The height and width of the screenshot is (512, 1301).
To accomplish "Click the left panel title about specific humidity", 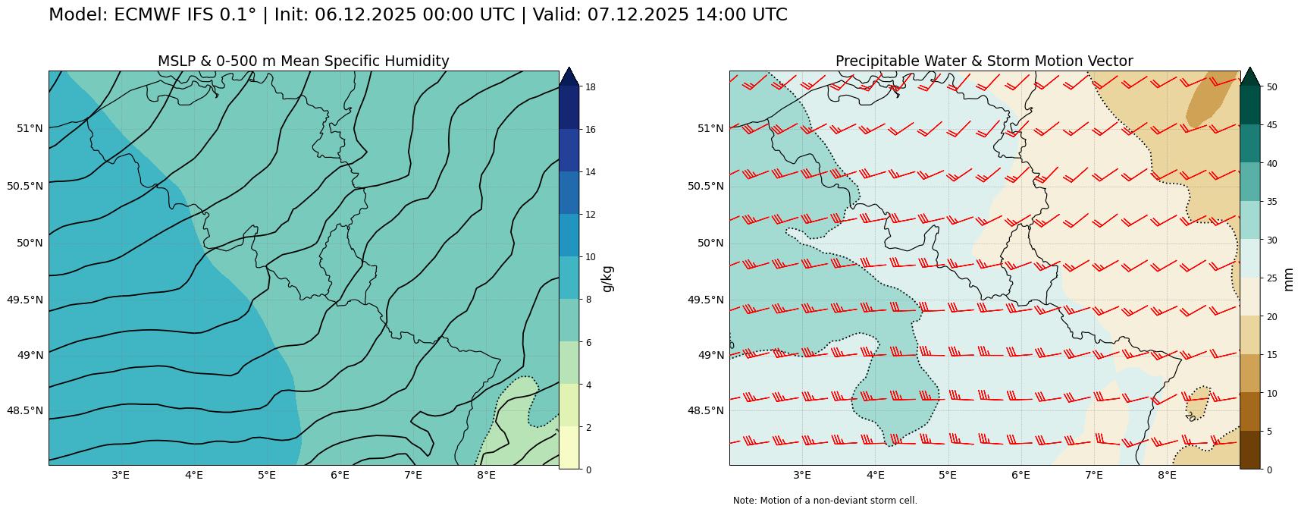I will (x=303, y=61).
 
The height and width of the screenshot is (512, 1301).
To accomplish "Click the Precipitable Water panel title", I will (x=984, y=61).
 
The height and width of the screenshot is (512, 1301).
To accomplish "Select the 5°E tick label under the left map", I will (x=266, y=476).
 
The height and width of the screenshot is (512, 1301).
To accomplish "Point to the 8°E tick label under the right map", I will (x=1166, y=476).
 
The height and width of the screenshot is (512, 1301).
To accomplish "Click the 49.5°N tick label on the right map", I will (x=706, y=300).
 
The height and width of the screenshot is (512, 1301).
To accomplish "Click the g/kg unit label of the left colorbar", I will (x=607, y=278).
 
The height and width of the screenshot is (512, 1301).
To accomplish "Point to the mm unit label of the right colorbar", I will (x=1287, y=278).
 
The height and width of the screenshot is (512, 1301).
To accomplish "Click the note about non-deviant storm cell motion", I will (x=825, y=501).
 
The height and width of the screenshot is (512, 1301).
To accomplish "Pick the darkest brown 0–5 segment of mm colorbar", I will (x=1249, y=450).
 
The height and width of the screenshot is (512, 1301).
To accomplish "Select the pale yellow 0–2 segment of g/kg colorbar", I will (x=569, y=448).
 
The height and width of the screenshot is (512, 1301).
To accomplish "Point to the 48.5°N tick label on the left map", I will (x=25, y=411).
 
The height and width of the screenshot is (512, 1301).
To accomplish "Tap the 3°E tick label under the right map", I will (x=802, y=476).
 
